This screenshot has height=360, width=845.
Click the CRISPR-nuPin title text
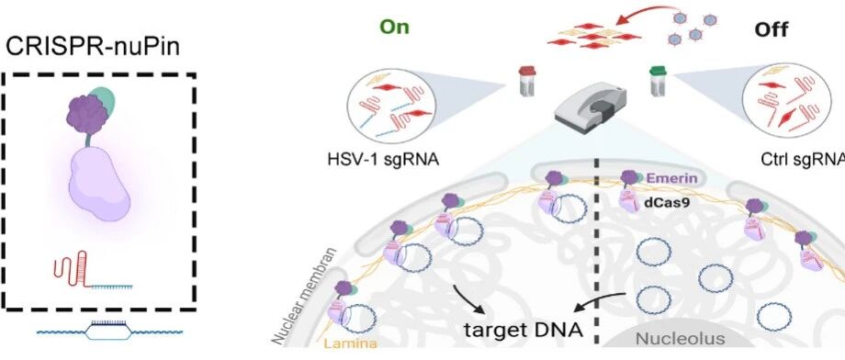pos(93,48)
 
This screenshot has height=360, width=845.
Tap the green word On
pos(395,27)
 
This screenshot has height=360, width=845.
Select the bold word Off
pos(772,29)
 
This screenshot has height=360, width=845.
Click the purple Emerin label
pos(680,178)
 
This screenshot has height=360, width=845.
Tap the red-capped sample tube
pos(526,82)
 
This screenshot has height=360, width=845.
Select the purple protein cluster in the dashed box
pos(88,114)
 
